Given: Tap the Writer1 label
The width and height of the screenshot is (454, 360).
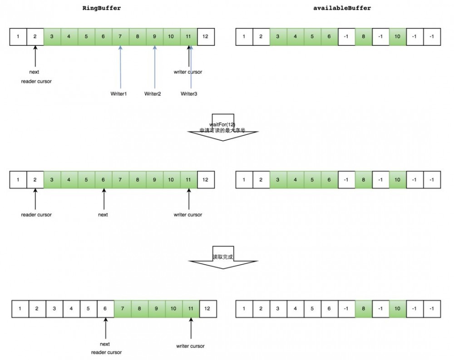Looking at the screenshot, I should click(x=119, y=94).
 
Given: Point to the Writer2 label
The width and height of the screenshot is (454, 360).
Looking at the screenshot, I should click(x=153, y=94).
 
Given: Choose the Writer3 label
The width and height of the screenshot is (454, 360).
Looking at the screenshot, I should click(x=189, y=94).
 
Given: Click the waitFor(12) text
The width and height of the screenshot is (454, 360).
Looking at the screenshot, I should click(x=222, y=124).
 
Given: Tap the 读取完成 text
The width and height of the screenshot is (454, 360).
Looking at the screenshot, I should click(x=222, y=257).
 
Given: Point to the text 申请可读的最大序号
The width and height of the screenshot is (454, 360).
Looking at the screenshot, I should click(x=222, y=130).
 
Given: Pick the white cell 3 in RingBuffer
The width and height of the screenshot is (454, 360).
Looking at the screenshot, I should click(x=54, y=309).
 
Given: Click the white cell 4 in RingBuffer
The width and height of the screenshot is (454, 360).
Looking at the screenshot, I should click(x=71, y=309).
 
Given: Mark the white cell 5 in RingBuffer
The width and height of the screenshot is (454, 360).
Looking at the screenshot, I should click(x=88, y=309).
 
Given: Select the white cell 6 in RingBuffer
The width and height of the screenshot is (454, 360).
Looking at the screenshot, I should click(x=105, y=309).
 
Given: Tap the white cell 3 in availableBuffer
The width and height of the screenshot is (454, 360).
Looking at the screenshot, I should click(x=278, y=309).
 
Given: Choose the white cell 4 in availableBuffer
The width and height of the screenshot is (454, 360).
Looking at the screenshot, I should click(x=295, y=309).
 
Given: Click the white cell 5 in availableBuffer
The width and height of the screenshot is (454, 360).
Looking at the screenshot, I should click(x=312, y=309).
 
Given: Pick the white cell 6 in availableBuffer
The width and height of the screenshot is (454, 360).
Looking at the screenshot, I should click(x=330, y=309).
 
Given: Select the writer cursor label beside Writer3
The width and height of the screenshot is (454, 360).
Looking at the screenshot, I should click(x=188, y=72).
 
